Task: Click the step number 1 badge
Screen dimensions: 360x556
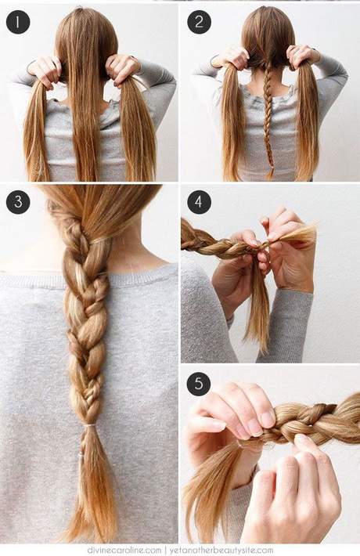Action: click(18, 22)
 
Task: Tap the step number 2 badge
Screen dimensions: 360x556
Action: click(199, 22)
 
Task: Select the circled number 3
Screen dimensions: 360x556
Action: click(18, 202)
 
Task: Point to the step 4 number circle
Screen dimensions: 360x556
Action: click(199, 202)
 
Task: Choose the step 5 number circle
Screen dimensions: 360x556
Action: click(199, 384)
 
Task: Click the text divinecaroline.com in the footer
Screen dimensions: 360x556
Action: click(124, 551)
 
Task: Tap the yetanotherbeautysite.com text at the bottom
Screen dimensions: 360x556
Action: click(221, 551)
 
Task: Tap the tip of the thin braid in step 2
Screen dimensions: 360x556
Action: click(271, 175)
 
